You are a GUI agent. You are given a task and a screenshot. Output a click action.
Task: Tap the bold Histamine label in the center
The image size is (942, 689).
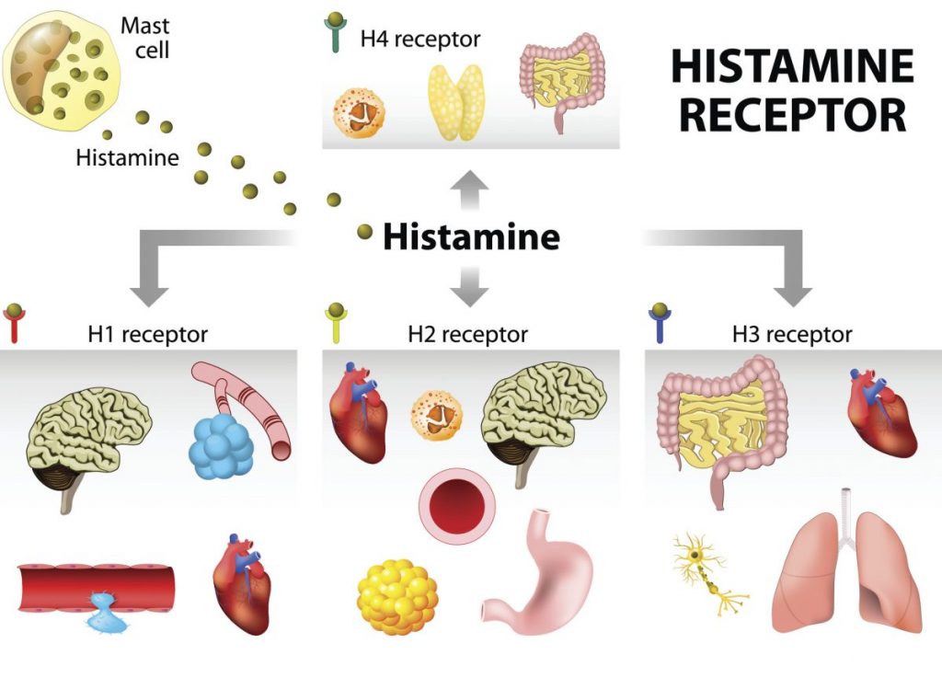(471, 237)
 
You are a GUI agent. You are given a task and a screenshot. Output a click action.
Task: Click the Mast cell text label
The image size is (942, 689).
(145, 36)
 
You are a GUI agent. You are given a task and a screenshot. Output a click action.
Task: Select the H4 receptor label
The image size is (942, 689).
(419, 40)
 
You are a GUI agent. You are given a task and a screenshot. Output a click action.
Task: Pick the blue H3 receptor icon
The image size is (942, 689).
(659, 323)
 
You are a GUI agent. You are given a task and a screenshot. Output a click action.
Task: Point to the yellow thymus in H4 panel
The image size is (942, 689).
(457, 101)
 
